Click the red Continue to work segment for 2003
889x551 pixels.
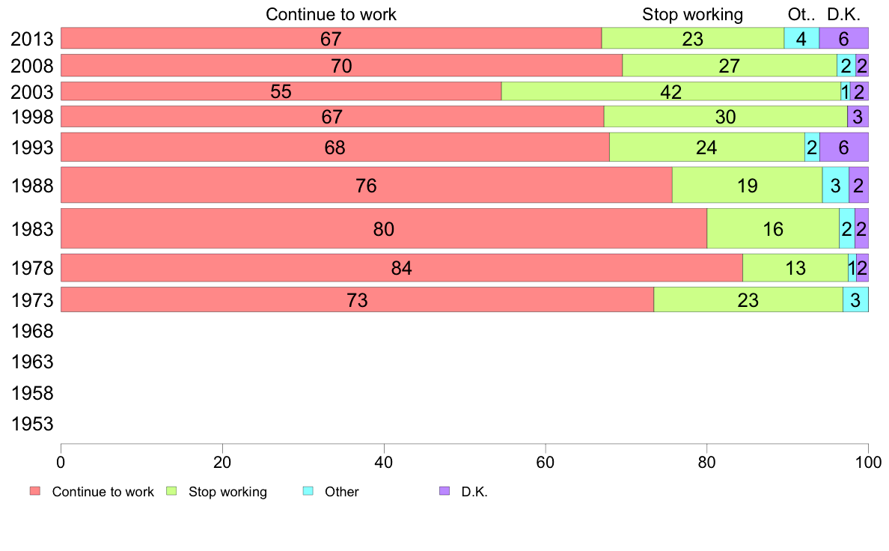coord(281,91)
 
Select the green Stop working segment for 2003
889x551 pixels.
coord(671,91)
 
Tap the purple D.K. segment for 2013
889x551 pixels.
coord(843,38)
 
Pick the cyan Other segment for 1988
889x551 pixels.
coord(836,185)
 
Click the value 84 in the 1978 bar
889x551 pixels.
coord(401,268)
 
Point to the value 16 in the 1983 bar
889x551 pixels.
coord(773,228)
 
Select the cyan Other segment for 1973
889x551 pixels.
coord(855,299)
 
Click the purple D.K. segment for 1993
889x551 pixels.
coord(844,147)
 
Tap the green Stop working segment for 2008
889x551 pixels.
coord(730,65)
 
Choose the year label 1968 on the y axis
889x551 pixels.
coord(32,331)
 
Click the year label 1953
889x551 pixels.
coord(32,424)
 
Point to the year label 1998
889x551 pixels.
coord(32,117)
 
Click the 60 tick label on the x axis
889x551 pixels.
coord(546,463)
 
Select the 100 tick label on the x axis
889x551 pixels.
coord(868,463)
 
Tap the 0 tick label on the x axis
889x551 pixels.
coord(61,463)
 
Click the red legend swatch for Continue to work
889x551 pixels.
coord(35,491)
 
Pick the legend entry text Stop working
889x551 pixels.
coord(227,492)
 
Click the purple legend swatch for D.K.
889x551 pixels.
coord(444,491)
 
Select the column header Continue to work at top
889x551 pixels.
coord(331,14)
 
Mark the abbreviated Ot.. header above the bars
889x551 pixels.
coord(801,14)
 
